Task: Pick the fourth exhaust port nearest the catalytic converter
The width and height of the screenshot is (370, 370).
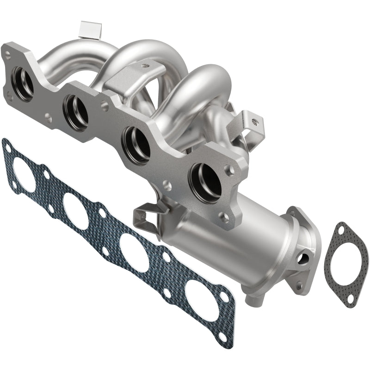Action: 205,182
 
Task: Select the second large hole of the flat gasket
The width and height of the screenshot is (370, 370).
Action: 76,210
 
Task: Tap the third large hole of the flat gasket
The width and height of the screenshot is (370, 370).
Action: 134,253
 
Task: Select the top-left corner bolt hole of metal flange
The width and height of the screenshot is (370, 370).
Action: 8,55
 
